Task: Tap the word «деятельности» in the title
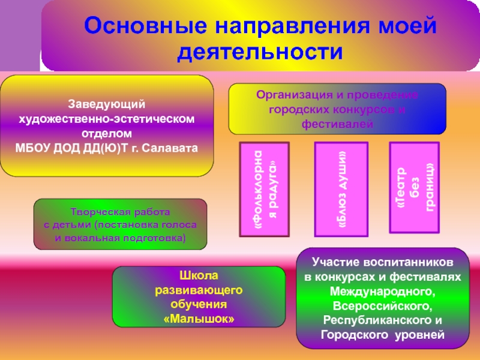(x=260, y=52)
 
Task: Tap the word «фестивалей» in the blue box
(x=337, y=125)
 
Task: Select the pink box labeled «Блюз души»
(x=341, y=189)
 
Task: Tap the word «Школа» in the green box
(x=199, y=277)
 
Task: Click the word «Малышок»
(x=199, y=319)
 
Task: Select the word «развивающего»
(x=199, y=290)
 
